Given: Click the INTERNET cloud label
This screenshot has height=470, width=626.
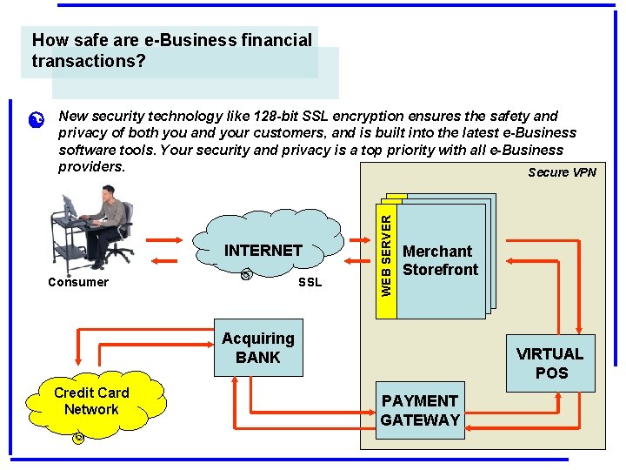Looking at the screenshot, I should tap(263, 250).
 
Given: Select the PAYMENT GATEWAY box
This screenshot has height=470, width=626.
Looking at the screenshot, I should tap(420, 410).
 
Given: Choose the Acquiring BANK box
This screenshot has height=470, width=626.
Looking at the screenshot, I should tap(258, 348).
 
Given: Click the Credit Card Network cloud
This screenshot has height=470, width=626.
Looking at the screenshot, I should tap(91, 401).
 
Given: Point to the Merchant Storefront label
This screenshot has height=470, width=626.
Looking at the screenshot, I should tap(440, 260).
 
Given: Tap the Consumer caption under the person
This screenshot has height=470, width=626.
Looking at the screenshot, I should tap(78, 282).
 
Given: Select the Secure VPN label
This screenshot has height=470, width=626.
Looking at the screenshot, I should tap(562, 172).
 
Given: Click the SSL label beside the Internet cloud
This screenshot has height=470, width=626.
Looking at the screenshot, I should tap(310, 282).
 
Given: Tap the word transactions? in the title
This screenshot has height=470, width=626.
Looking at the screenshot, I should tap(89, 62).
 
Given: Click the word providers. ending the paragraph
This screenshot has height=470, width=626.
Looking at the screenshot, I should tap(92, 165).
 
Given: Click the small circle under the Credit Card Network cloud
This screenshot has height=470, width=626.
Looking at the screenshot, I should tap(78, 437).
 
